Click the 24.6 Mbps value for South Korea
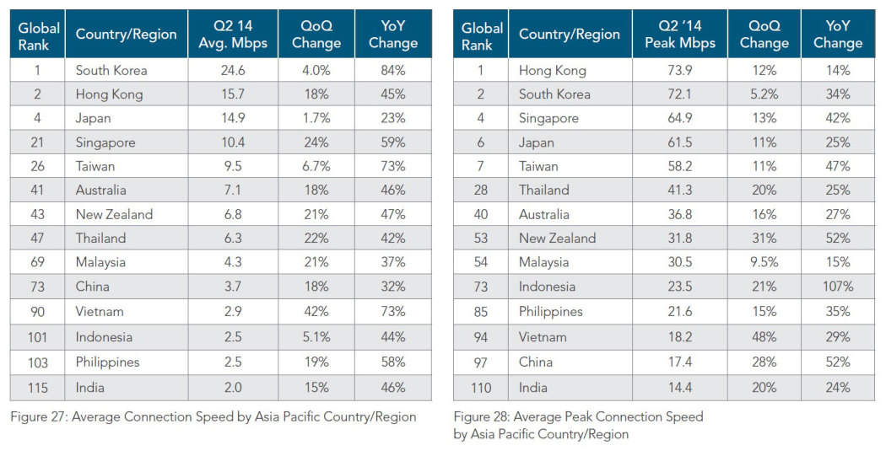[232, 70]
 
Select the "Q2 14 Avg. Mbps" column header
[232, 34]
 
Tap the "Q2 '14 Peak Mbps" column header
[679, 34]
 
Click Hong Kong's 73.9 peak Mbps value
[679, 70]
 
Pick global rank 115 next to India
[37, 388]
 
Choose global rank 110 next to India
[481, 388]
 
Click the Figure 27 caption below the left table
[213, 416]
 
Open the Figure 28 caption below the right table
[578, 425]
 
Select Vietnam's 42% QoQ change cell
[316, 311]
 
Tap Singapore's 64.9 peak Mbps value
[679, 118]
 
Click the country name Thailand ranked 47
[100, 239]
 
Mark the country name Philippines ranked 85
[550, 311]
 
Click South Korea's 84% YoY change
[392, 70]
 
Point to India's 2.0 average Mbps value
[232, 388]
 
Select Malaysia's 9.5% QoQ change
[764, 263]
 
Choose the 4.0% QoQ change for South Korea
[316, 70]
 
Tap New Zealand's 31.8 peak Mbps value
[679, 239]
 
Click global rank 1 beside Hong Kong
[481, 70]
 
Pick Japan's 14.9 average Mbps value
[232, 118]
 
